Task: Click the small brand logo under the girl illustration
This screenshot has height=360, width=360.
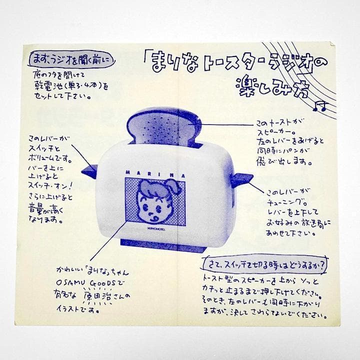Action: coord(153,226)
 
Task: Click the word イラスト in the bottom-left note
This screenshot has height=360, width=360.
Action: coord(70,310)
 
